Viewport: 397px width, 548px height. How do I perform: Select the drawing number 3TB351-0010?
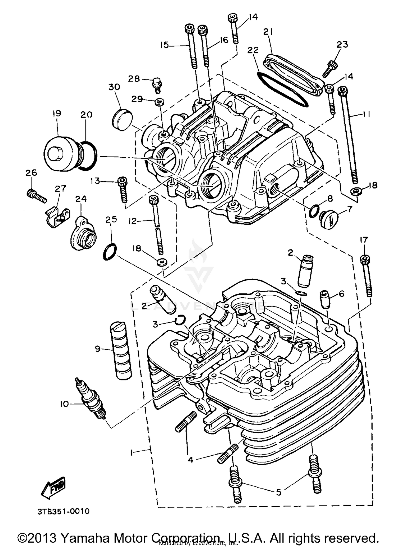63,512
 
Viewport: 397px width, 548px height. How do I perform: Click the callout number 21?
268,32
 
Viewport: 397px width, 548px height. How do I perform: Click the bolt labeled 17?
367,276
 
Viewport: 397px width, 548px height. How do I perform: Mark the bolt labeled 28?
157,85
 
